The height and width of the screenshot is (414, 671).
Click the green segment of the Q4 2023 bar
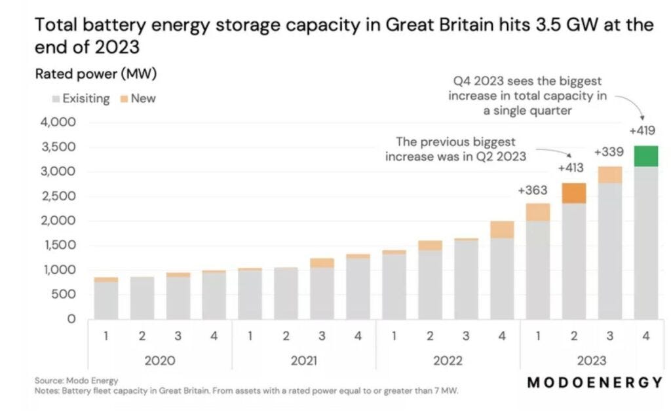(646, 157)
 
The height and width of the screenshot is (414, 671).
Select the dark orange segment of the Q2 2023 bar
(574, 193)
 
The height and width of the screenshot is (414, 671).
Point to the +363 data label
(531, 190)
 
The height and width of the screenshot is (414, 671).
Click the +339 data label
(608, 152)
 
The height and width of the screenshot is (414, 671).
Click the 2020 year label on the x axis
(159, 360)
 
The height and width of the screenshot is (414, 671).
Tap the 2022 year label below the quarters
(448, 360)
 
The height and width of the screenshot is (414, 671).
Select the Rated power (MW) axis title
(96, 75)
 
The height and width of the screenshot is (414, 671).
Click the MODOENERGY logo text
(594, 383)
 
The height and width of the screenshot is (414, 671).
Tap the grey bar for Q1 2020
(106, 300)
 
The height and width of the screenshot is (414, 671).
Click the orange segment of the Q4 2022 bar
(502, 229)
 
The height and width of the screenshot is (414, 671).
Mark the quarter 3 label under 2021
(322, 336)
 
